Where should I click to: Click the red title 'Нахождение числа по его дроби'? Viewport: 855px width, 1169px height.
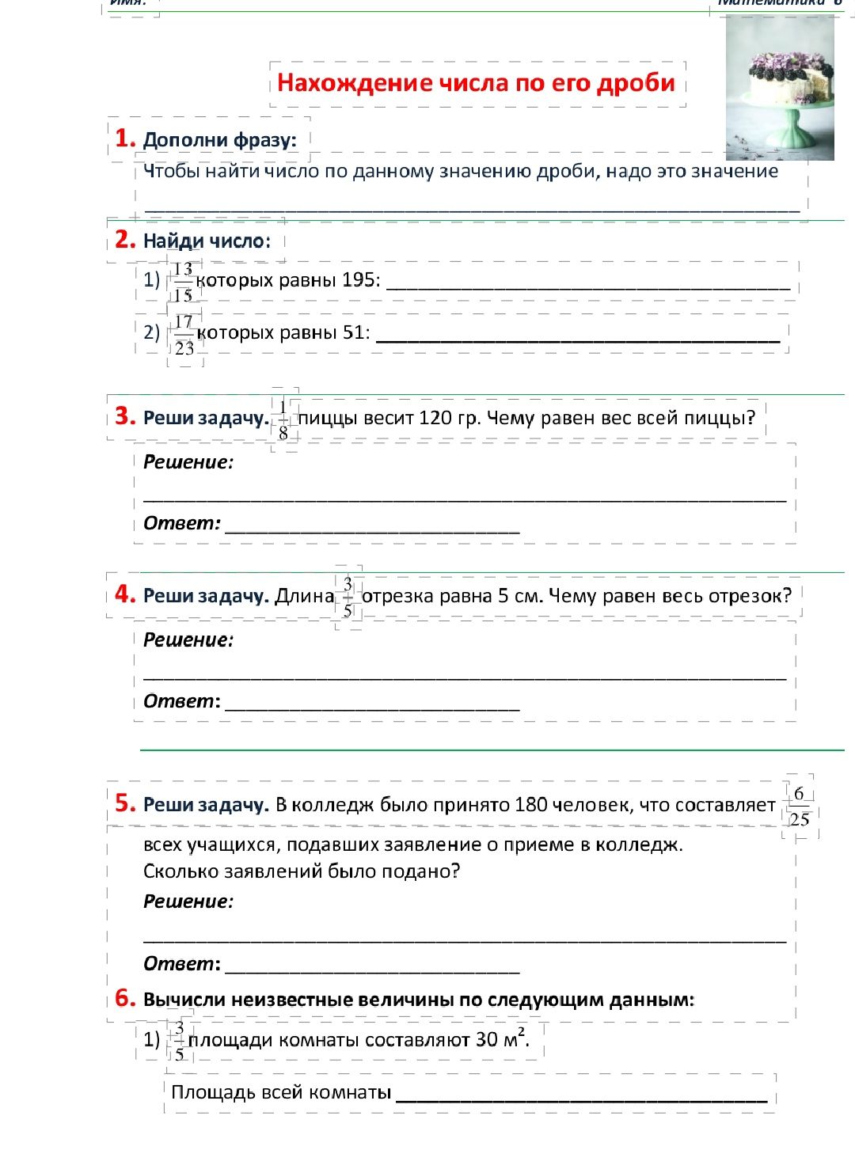(x=476, y=83)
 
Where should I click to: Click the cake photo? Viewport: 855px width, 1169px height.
(x=779, y=87)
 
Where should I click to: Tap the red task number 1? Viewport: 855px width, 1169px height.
(x=124, y=139)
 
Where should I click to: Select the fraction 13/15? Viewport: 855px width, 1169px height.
(x=183, y=282)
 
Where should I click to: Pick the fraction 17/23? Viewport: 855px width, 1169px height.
(x=184, y=335)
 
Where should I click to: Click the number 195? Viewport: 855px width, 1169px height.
(x=361, y=280)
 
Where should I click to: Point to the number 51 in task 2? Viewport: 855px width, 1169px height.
(x=355, y=332)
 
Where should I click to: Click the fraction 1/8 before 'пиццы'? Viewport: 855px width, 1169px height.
(x=283, y=420)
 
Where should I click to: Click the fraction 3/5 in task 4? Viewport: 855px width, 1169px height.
(x=348, y=598)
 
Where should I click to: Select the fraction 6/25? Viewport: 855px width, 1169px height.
(x=800, y=807)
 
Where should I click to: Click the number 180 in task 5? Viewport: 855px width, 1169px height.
(x=530, y=805)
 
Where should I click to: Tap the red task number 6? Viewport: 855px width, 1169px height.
(x=124, y=998)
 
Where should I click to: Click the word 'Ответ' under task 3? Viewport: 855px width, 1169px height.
(x=181, y=523)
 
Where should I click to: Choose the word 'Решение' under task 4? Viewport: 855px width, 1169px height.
(x=188, y=640)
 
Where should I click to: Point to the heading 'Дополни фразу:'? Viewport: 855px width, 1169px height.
(x=220, y=140)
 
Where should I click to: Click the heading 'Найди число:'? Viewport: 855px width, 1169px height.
(x=207, y=241)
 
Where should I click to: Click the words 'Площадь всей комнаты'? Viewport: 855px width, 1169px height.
(x=281, y=1092)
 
